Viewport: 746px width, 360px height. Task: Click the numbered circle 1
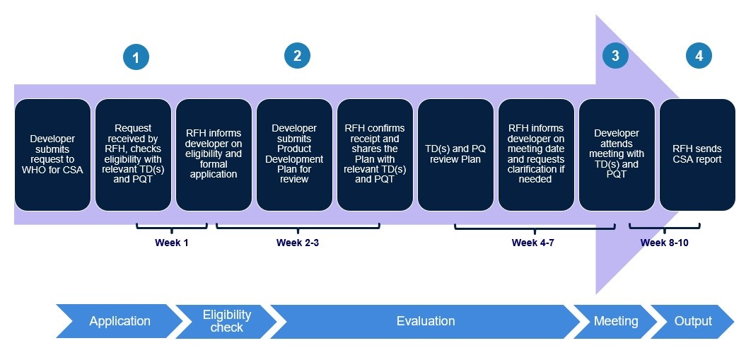(x=136, y=57)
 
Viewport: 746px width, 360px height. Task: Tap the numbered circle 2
(x=298, y=56)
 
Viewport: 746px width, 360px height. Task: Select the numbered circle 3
(x=615, y=56)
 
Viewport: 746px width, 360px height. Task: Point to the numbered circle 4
(x=699, y=56)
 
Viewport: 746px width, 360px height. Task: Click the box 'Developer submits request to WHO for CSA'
(x=52, y=154)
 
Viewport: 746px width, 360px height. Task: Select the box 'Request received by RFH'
(x=133, y=154)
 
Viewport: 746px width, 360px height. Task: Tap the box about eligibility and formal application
(x=214, y=154)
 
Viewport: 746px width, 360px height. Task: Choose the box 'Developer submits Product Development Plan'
(x=294, y=154)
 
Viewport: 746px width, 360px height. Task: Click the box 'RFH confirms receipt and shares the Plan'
(x=375, y=154)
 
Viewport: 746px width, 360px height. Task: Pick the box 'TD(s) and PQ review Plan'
(x=455, y=154)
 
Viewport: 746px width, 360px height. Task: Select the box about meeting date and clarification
(x=536, y=154)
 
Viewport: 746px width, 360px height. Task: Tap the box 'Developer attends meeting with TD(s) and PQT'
(x=617, y=154)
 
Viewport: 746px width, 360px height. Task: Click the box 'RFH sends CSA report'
(x=697, y=154)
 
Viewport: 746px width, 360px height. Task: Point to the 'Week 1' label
(x=172, y=243)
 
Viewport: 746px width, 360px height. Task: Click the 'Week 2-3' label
(x=298, y=243)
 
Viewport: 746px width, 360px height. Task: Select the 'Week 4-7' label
(x=534, y=243)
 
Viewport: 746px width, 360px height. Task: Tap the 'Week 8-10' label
(x=664, y=243)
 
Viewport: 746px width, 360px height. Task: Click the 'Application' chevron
(x=119, y=321)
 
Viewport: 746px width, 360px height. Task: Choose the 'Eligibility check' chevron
(x=226, y=321)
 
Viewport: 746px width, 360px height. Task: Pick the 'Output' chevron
(x=693, y=321)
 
